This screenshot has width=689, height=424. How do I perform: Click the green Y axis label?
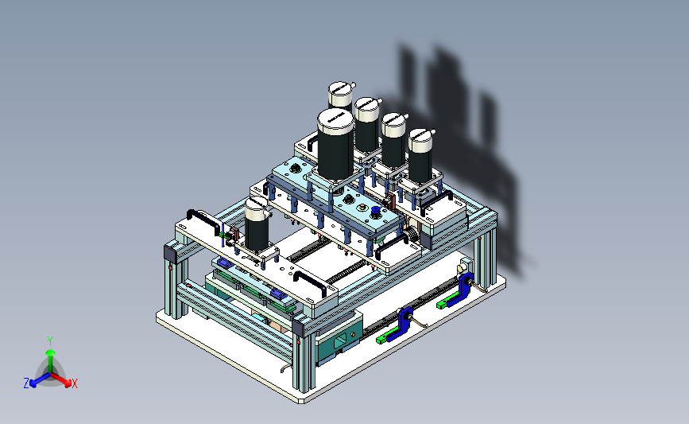[50, 341]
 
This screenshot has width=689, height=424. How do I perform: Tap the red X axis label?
[74, 383]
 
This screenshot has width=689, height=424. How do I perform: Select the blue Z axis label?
[26, 383]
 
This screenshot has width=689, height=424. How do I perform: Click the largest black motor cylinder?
[335, 144]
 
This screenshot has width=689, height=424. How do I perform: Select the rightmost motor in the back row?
[420, 155]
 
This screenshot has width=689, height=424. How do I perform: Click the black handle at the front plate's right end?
[311, 282]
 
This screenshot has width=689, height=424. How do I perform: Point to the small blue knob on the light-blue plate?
[376, 212]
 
